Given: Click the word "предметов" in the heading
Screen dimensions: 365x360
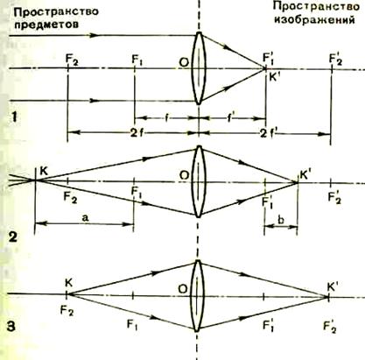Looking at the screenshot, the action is click(x=46, y=25).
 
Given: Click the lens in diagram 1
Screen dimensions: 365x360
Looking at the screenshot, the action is click(x=199, y=68).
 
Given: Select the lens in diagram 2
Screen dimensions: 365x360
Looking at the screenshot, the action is click(x=199, y=181).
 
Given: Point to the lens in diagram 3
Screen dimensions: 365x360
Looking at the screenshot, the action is click(x=197, y=295).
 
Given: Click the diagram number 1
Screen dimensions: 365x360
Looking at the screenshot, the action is click(x=15, y=117).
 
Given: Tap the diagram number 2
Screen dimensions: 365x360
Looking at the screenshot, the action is click(x=13, y=237).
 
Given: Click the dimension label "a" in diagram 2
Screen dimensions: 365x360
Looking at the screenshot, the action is click(x=85, y=218).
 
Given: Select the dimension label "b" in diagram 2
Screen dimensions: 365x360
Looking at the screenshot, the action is click(x=281, y=220).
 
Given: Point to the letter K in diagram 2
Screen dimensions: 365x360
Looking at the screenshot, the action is click(x=44, y=172).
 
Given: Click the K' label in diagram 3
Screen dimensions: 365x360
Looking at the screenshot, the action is click(x=333, y=287).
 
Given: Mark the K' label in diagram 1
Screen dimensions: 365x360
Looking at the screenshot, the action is click(x=273, y=79).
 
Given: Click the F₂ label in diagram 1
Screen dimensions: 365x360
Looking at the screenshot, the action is click(x=72, y=60).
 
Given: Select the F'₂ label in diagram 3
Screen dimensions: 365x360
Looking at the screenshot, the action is click(x=330, y=326).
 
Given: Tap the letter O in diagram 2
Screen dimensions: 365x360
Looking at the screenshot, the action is click(x=184, y=175).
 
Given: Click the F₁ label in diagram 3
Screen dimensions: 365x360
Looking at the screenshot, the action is click(x=132, y=324).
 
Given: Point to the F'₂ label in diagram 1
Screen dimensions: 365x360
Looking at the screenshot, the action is click(x=335, y=59).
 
